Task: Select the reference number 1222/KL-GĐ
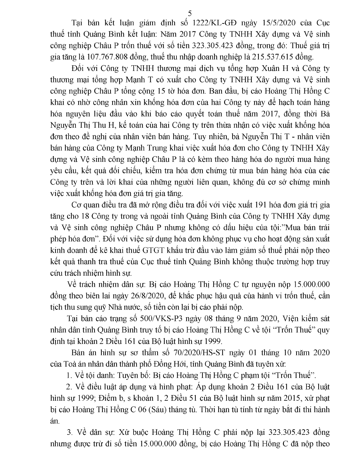click(x=217, y=23)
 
